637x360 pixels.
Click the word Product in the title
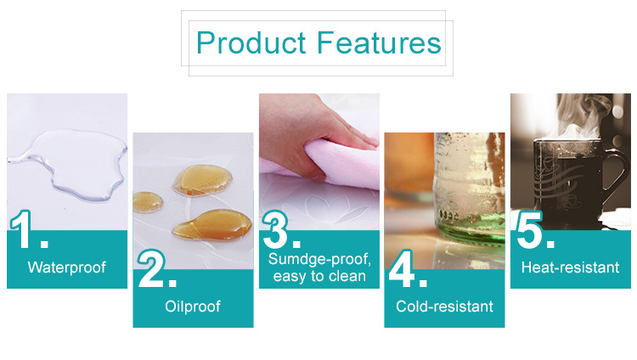coord(251,42)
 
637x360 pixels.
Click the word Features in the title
coord(379,42)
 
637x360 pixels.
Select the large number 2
coord(151,268)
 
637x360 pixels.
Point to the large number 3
coord(275,229)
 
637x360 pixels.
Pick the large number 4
coord(402,268)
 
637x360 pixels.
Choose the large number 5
coord(530,229)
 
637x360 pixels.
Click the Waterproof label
coord(66,267)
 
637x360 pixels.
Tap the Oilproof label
coord(193,307)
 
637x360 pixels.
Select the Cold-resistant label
coord(444,307)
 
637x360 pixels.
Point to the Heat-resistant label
coord(571,267)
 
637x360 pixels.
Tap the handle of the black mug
coord(615,171)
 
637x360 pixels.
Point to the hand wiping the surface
coord(309,130)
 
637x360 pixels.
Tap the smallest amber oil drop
coord(148,201)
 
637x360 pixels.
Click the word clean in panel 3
coord(347,276)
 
